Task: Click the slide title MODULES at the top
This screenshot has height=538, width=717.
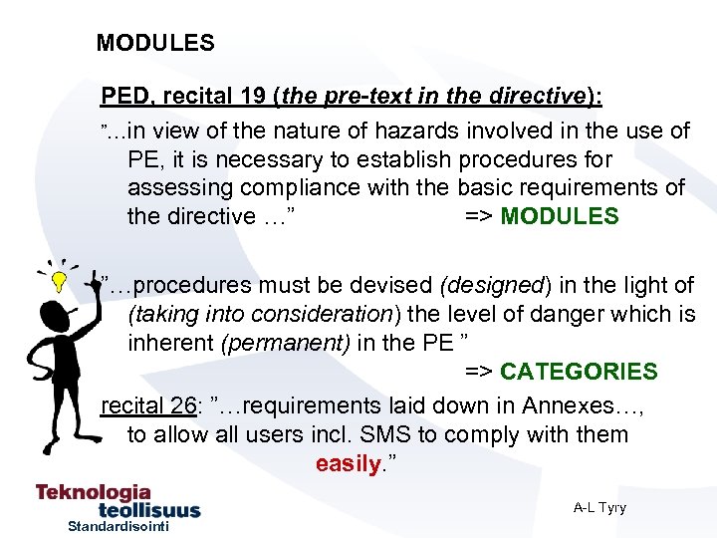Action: coord(155,43)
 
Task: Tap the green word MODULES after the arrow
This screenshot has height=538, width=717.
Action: coord(559,216)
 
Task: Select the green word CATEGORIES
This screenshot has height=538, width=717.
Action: coord(579,372)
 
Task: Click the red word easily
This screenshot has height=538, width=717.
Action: coord(348,463)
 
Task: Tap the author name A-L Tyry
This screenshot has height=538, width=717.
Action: coord(599,507)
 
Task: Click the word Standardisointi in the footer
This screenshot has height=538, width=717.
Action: coord(119,526)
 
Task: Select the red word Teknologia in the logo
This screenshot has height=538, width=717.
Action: coord(94,492)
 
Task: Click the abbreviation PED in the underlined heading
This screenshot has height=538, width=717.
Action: coord(124,97)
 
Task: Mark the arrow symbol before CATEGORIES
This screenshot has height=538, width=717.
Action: coord(479,372)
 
